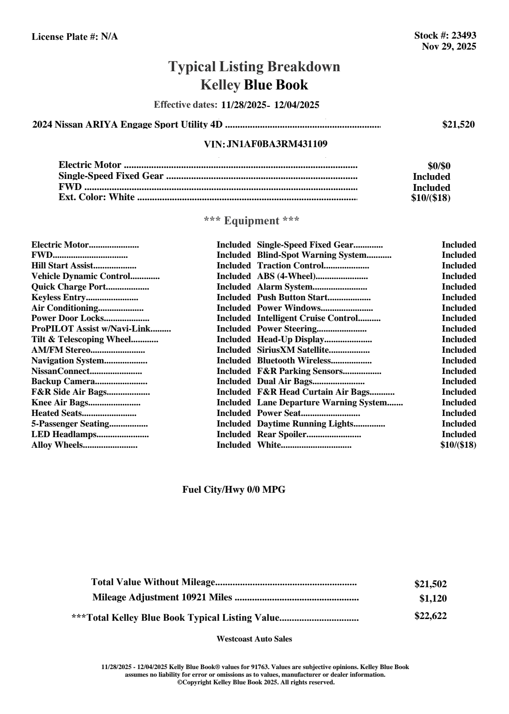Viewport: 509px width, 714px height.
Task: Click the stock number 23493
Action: click(x=464, y=36)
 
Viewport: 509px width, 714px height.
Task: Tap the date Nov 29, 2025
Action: click(x=448, y=46)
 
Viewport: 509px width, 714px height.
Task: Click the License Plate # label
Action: click(x=65, y=37)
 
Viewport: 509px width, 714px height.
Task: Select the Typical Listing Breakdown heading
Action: click(x=254, y=67)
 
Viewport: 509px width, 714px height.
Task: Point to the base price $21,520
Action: click(x=458, y=125)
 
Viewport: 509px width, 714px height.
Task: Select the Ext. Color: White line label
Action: click(x=97, y=197)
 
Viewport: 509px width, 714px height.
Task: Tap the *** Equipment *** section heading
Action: click(x=252, y=221)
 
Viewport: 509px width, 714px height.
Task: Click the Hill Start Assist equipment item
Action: click(x=62, y=266)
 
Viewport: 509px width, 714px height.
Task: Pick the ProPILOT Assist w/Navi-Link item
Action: click(x=91, y=329)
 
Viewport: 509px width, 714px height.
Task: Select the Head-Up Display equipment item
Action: click(x=290, y=340)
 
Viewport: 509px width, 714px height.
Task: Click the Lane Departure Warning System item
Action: click(x=322, y=403)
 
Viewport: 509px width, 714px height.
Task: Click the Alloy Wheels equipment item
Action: click(x=57, y=445)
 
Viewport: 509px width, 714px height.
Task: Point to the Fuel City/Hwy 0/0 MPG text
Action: click(x=234, y=490)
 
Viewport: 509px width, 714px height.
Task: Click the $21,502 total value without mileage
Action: click(x=430, y=584)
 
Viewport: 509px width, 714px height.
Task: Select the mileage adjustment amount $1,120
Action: click(x=433, y=599)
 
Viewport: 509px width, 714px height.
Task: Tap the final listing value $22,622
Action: click(x=430, y=616)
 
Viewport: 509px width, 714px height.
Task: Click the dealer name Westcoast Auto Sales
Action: click(x=254, y=639)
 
